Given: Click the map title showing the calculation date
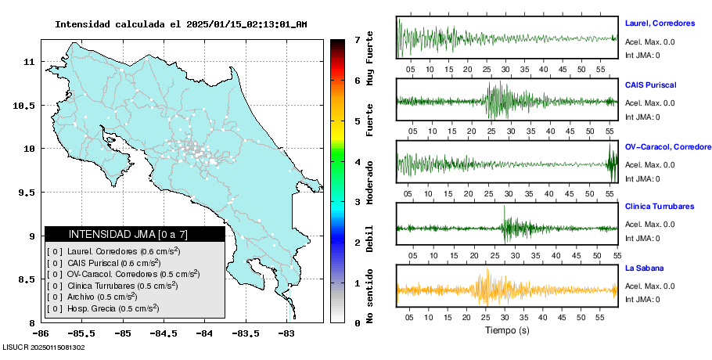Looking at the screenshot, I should tap(181, 24).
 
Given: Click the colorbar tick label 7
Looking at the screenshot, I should tap(356, 39).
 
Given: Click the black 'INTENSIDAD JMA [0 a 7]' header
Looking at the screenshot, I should tap(135, 234).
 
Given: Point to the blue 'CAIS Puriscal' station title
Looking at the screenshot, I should tap(651, 85).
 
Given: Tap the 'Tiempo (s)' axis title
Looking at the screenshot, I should tap(507, 331).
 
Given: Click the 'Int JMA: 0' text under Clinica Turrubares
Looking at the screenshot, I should tap(643, 238).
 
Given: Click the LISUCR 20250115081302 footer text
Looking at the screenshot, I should tap(44, 347).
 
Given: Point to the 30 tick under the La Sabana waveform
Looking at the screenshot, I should tap(506, 315).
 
